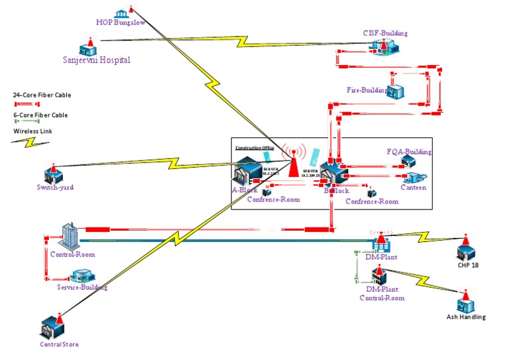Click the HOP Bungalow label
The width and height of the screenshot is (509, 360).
pyautogui.click(x=121, y=22)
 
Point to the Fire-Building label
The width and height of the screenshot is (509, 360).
pyautogui.click(x=367, y=90)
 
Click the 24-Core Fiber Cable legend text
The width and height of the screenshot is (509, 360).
pyautogui.click(x=42, y=95)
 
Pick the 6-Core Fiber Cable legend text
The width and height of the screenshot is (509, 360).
pyautogui.click(x=40, y=115)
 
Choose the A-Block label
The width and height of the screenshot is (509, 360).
pyautogui.click(x=244, y=190)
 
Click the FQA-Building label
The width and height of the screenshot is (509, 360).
pyautogui.click(x=409, y=152)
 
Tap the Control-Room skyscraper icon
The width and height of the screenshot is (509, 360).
pyautogui.click(x=70, y=236)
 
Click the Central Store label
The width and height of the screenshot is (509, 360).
pyautogui.click(x=59, y=344)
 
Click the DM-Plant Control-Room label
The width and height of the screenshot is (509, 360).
pyautogui.click(x=382, y=294)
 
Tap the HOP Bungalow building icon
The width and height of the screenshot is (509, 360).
pyautogui.click(x=121, y=13)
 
